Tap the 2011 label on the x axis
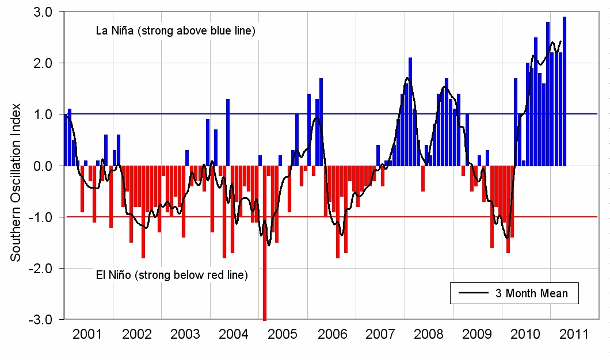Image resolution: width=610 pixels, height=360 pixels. tap(574, 334)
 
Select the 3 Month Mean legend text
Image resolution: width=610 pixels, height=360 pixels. tap(531, 293)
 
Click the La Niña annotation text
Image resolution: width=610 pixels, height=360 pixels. tap(176, 30)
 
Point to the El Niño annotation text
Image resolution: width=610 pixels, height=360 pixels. tap(171, 275)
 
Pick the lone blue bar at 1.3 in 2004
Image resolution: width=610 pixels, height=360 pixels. tap(228, 132)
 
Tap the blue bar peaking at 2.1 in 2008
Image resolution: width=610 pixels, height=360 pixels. tap(410, 112)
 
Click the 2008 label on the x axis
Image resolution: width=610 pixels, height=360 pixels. tap(428, 334)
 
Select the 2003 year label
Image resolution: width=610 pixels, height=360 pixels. tap(185, 334)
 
